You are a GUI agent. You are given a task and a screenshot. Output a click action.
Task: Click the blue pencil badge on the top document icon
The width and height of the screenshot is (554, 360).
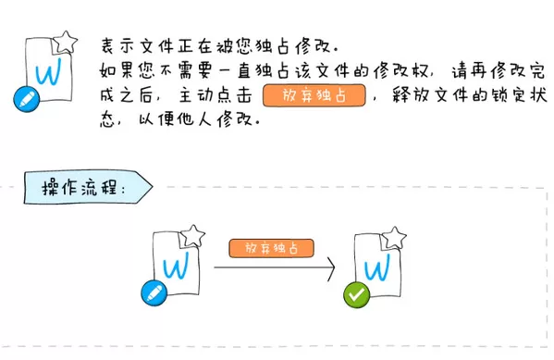point(27,99)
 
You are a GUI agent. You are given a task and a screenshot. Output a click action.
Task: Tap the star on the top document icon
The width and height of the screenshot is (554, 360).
point(65,43)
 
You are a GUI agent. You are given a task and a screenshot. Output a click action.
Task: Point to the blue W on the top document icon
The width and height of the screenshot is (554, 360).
point(48,72)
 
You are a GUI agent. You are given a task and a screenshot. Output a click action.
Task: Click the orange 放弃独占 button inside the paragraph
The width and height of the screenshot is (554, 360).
point(314,95)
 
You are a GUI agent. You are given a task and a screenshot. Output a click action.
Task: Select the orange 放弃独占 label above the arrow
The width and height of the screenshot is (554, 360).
point(271,248)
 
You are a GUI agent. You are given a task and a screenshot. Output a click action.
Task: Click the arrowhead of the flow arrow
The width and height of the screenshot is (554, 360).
point(331,268)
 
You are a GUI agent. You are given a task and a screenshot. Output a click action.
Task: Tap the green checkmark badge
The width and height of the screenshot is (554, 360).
point(356,294)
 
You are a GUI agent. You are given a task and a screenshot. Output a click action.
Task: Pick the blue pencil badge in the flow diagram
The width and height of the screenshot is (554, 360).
point(154,292)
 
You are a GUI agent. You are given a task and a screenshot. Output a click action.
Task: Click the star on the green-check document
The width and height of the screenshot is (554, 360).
point(394,238)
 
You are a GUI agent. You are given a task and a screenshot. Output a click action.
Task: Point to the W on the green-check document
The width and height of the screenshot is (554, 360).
point(377,267)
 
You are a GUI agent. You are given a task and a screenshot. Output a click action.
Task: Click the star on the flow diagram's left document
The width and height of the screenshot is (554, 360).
point(193,236)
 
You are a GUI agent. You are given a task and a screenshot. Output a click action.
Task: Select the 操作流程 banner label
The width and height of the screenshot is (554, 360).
point(83,188)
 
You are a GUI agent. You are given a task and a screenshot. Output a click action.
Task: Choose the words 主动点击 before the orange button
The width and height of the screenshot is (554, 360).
point(215,95)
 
